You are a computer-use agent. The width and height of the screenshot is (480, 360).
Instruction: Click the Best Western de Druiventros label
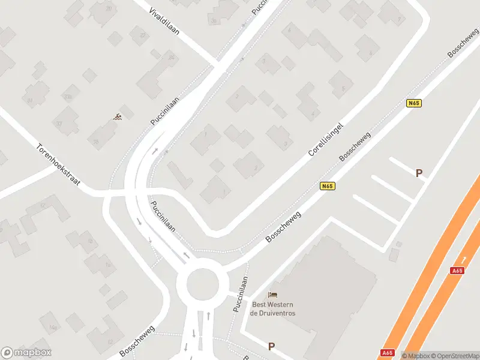(273, 308)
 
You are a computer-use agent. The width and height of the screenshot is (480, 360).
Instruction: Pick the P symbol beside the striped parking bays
(419, 173)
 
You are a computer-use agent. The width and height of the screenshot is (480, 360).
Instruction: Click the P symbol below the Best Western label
(271, 346)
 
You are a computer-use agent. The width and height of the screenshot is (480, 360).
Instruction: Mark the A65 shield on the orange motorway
(457, 271)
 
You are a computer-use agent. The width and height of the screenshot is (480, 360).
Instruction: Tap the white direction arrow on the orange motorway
(463, 259)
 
